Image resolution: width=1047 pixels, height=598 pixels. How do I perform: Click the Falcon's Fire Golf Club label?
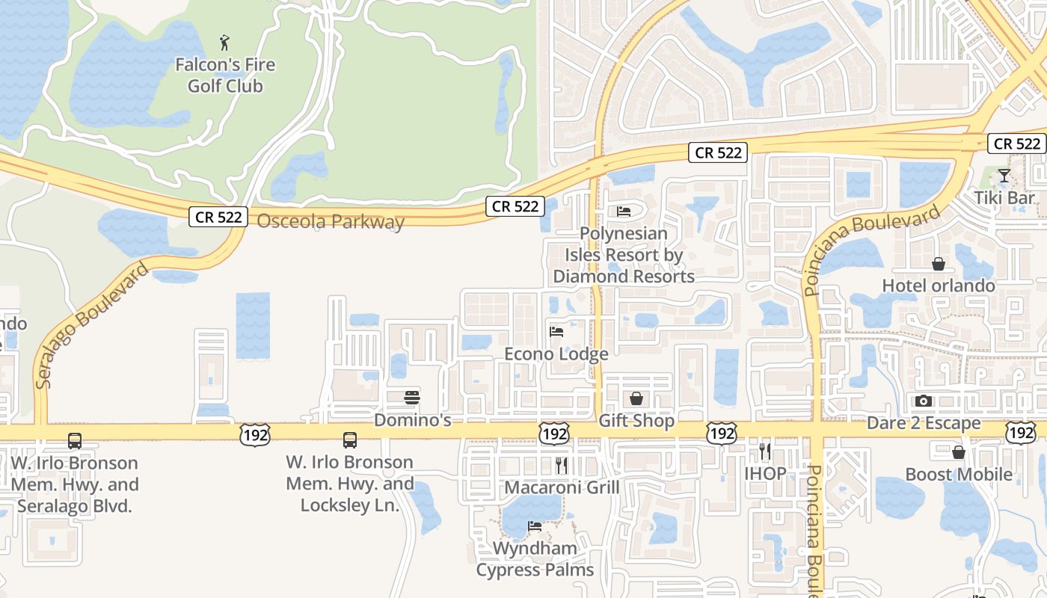[225, 75]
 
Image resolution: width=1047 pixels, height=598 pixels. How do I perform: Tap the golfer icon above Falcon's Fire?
[225, 43]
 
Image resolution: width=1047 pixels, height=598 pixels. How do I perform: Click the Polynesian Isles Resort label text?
[624, 255]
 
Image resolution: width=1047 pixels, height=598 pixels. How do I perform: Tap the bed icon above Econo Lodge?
[556, 331]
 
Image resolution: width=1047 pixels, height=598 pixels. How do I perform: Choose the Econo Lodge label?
[556, 354]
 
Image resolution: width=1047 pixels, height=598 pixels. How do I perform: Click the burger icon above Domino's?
[412, 397]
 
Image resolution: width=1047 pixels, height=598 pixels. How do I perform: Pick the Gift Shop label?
[636, 421]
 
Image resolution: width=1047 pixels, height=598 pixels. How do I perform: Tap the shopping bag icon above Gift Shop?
[636, 398]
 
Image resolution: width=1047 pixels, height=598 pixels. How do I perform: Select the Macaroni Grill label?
[562, 487]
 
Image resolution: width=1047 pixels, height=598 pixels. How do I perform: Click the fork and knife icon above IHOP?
[764, 451]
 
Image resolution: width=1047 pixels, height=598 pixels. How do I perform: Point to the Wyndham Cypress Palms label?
[535, 559]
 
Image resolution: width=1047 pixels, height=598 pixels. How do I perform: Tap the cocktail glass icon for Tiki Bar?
[1004, 176]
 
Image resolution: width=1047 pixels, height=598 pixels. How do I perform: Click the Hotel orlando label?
[939, 286]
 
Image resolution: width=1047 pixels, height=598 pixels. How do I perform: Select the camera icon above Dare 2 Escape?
[924, 401]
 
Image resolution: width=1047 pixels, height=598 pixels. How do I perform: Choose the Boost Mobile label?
[959, 475]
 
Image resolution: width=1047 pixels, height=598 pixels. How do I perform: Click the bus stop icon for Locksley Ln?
[349, 440]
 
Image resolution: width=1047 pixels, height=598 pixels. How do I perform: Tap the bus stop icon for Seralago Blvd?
[75, 441]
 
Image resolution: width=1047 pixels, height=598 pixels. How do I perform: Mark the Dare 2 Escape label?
[924, 423]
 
